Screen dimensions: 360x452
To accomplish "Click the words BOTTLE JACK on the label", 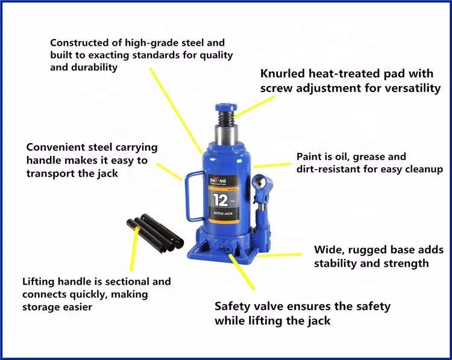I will pyautogui.click(x=222, y=214).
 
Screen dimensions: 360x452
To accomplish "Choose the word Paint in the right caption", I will pyautogui.click(x=308, y=157).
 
